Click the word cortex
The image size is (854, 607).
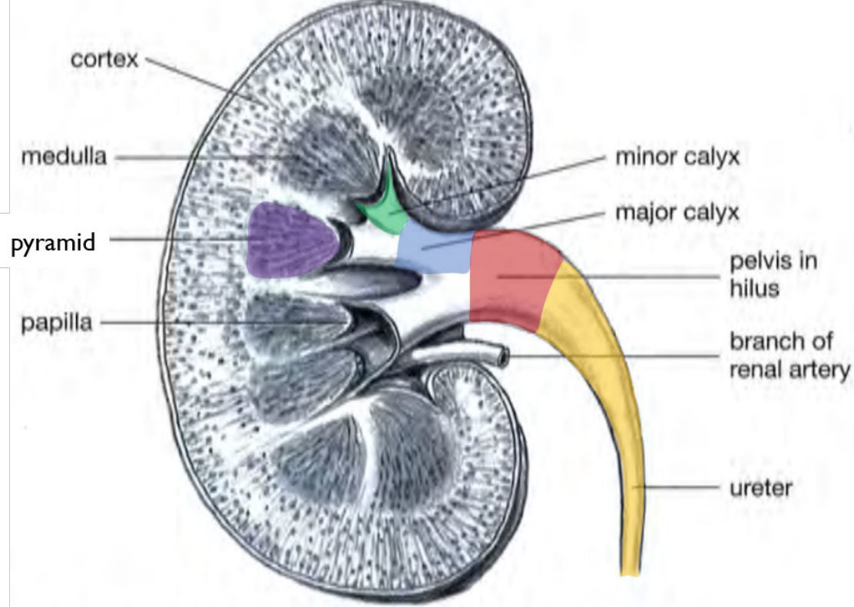pos(104,59)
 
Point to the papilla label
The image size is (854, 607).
pos(56,322)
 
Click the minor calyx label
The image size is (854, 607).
pos(677,158)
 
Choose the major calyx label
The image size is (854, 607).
pos(677,212)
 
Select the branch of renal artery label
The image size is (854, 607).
pos(789,355)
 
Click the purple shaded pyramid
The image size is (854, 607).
pos(292,240)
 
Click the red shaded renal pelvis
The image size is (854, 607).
pos(507,277)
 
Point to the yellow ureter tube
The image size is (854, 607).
pos(607,384)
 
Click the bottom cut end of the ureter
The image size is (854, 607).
pos(630,572)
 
